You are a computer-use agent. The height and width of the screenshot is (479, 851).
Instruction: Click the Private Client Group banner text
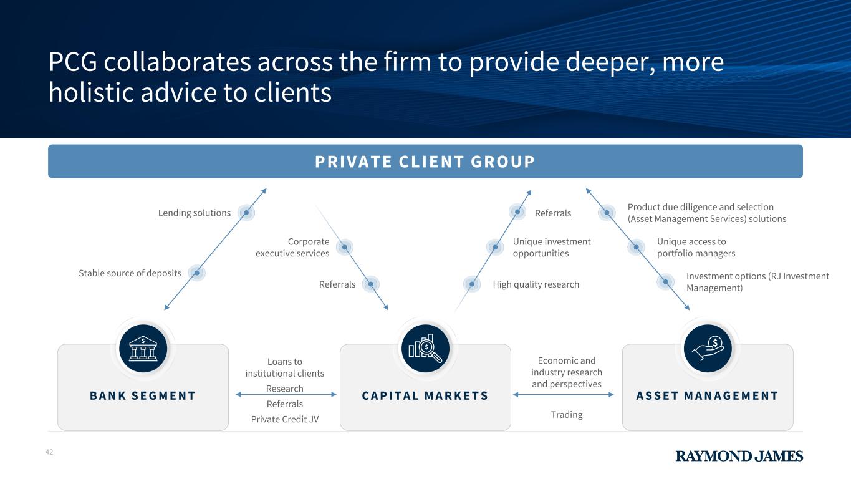(425, 162)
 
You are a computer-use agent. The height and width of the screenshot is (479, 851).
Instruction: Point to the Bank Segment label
(143, 395)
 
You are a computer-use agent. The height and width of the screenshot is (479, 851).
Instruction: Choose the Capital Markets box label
(425, 395)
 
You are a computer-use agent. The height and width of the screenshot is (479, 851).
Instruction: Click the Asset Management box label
(708, 395)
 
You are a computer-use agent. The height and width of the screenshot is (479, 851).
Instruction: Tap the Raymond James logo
(739, 456)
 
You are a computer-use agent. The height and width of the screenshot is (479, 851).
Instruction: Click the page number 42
(49, 452)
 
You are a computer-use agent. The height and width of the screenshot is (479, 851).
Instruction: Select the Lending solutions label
(195, 213)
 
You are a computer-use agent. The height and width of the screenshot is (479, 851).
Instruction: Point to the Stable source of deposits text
(130, 273)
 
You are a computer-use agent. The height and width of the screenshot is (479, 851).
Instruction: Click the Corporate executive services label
(293, 248)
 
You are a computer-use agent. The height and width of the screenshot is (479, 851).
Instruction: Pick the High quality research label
(536, 284)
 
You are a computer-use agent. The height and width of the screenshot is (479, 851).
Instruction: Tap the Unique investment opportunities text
(551, 248)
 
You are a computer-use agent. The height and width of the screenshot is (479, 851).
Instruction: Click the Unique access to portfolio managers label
(696, 248)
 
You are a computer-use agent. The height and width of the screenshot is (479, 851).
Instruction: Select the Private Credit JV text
(285, 419)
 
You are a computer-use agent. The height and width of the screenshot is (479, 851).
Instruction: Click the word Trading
(567, 415)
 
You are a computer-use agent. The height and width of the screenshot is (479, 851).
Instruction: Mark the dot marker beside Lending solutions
(246, 213)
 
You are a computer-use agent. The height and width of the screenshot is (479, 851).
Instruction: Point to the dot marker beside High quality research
(472, 284)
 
